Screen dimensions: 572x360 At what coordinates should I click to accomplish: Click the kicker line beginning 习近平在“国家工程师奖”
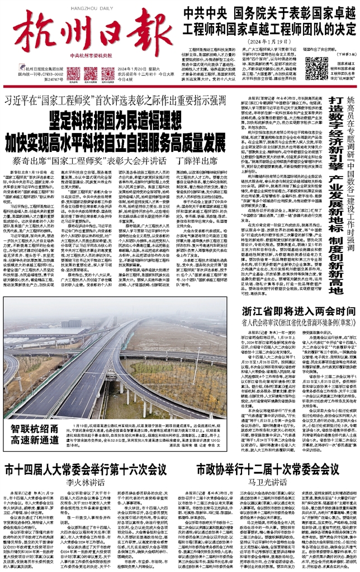tap(114, 100)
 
